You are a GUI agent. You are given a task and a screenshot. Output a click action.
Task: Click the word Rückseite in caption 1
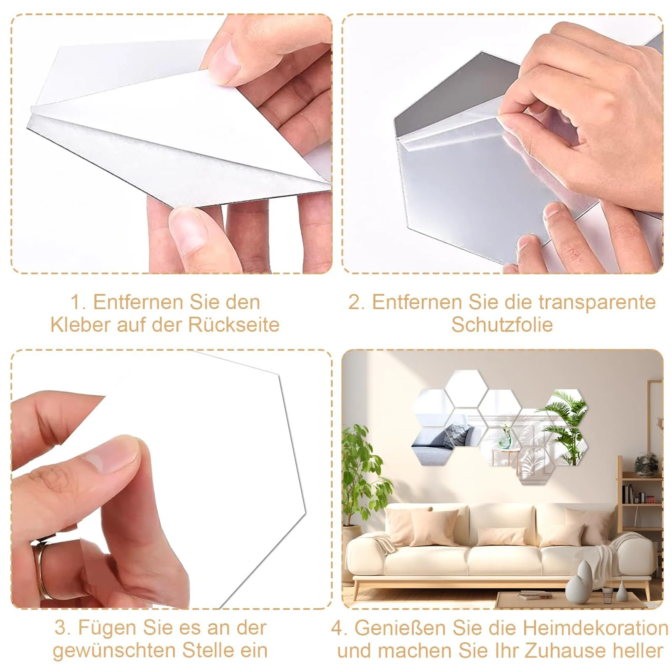[234, 325]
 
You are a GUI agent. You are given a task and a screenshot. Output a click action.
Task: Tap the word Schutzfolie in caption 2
[502, 325]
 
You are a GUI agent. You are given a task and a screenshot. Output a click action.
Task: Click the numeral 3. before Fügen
[63, 628]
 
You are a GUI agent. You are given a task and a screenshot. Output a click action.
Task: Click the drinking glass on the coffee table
[607, 593]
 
